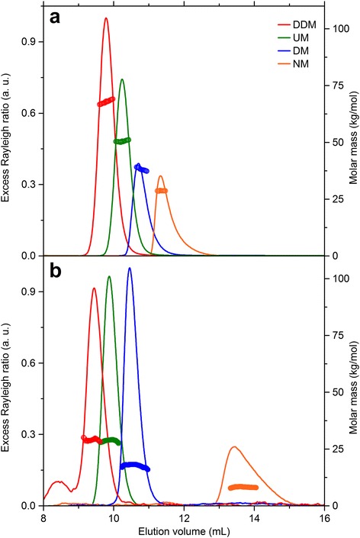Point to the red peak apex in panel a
pos(106,19)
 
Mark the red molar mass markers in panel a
pos(106,101)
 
